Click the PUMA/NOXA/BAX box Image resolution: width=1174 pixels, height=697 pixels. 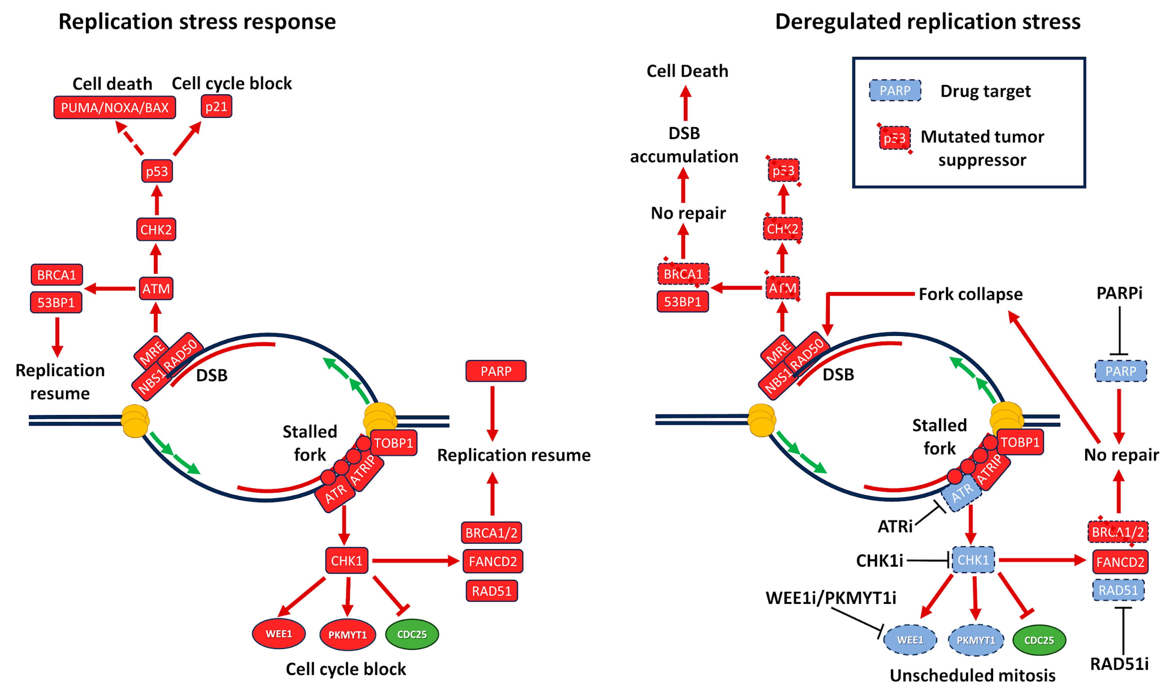tap(115, 107)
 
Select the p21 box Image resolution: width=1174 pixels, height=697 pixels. tap(216, 107)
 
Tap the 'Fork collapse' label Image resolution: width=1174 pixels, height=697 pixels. tap(970, 294)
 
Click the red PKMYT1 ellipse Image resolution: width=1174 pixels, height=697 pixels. tap(348, 635)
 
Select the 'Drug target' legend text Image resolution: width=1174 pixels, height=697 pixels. tap(985, 91)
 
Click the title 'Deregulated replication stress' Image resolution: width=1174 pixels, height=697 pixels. tap(928, 21)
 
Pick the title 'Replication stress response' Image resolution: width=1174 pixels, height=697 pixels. tap(197, 21)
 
